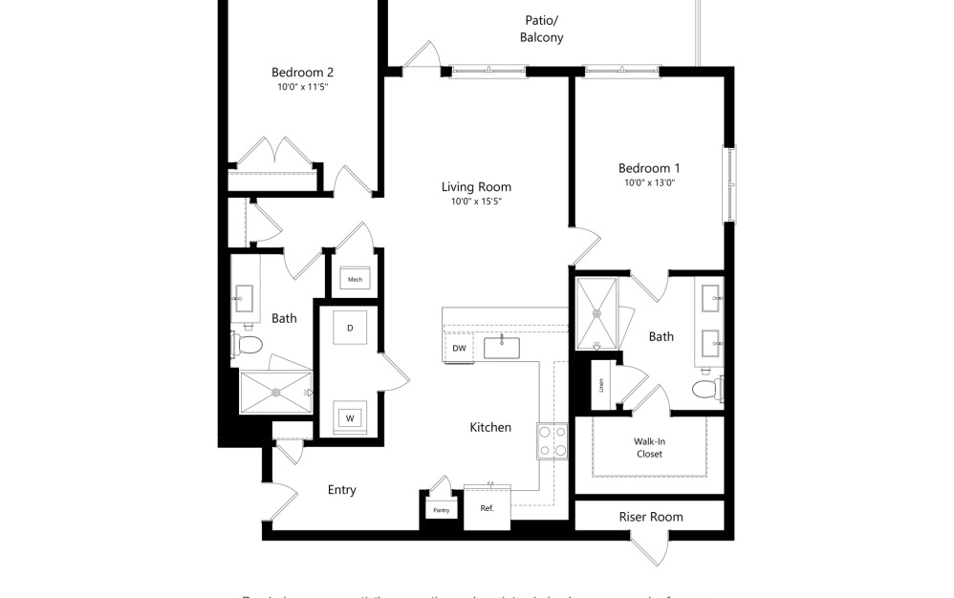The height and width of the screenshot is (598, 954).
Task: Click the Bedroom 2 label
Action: pyautogui.click(x=302, y=72)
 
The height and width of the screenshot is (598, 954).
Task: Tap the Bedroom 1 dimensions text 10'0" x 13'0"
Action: pyautogui.click(x=649, y=182)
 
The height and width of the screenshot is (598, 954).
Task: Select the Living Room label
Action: pyautogui.click(x=476, y=187)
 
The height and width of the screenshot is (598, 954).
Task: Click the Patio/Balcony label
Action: pyautogui.click(x=541, y=29)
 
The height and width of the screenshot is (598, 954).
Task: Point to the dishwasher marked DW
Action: pyautogui.click(x=459, y=349)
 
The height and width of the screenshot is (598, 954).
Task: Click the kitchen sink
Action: pyautogui.click(x=502, y=347)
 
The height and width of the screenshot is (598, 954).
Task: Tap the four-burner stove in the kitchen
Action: pyautogui.click(x=552, y=440)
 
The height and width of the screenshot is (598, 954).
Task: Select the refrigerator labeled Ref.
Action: pyautogui.click(x=487, y=507)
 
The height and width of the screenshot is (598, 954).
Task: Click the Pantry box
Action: pyautogui.click(x=441, y=510)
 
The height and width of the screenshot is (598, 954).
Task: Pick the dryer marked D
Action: pyautogui.click(x=350, y=328)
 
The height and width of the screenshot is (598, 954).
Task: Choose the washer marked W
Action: pyautogui.click(x=350, y=417)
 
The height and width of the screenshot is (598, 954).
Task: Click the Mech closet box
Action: pyautogui.click(x=355, y=279)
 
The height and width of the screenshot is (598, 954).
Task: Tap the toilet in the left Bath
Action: pyautogui.click(x=248, y=344)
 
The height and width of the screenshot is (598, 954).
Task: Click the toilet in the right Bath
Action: pyautogui.click(x=707, y=390)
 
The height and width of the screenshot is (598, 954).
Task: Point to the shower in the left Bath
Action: pyautogui.click(x=275, y=392)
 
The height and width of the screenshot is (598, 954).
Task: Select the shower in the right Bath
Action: pyautogui.click(x=597, y=311)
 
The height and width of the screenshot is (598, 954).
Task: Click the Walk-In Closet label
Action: pyautogui.click(x=649, y=447)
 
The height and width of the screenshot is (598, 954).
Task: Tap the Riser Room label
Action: pyautogui.click(x=651, y=517)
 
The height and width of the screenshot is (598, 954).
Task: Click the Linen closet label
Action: pyautogui.click(x=601, y=385)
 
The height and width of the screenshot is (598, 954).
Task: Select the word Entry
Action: pyautogui.click(x=341, y=490)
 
